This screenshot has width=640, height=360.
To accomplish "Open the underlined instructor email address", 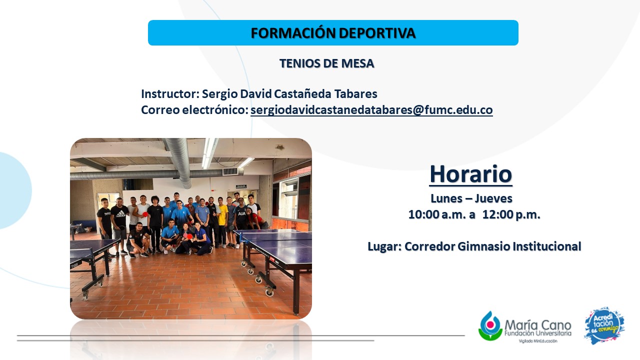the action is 371,110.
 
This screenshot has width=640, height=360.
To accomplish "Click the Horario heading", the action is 471,174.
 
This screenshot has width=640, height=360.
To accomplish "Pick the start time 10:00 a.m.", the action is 437,214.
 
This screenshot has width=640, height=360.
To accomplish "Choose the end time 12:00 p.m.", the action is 511,214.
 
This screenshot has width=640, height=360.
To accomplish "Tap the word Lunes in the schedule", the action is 446,198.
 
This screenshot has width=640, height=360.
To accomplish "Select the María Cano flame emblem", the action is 490,325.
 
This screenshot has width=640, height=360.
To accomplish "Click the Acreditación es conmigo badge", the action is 604,325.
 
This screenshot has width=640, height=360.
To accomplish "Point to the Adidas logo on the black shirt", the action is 120,213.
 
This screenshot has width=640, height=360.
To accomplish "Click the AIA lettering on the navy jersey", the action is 241,213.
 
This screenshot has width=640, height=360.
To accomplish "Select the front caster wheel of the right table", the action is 269,292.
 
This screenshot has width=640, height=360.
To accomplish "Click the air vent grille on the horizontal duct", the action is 230,171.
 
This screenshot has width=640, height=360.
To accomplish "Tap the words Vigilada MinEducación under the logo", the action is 538,341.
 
